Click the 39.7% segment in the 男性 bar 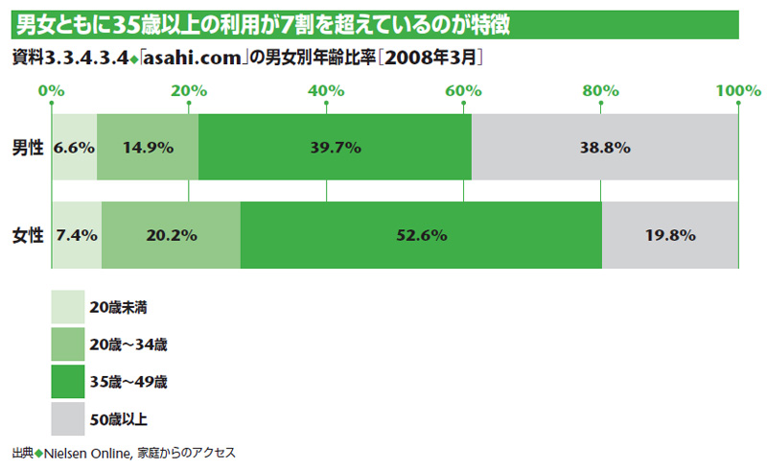pos(335,147)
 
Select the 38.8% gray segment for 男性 pos(604,147)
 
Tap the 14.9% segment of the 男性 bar pos(148,147)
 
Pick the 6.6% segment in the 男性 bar pos(74,147)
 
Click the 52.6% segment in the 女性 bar pos(421,235)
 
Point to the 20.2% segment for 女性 pos(171,235)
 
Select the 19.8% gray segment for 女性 pos(669,235)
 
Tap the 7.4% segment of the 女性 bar pos(76,235)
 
